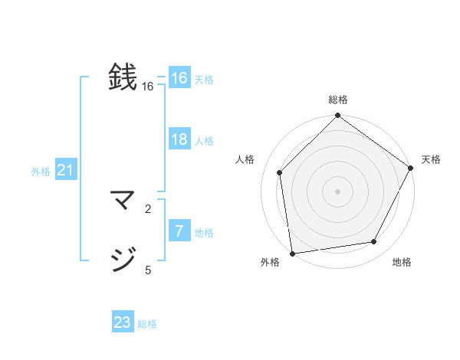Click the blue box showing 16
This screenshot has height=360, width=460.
pyautogui.click(x=179, y=78)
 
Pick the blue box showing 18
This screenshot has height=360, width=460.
pyautogui.click(x=179, y=139)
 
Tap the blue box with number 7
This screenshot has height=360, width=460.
pyautogui.click(x=179, y=231)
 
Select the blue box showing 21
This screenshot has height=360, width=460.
pyautogui.click(x=65, y=171)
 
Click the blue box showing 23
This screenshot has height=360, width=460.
pyautogui.click(x=123, y=322)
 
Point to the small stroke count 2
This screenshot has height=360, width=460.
pyautogui.click(x=148, y=208)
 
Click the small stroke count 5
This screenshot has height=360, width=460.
pyautogui.click(x=148, y=270)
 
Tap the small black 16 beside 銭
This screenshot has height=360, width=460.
pyautogui.click(x=148, y=87)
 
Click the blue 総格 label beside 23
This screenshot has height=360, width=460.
pyautogui.click(x=147, y=324)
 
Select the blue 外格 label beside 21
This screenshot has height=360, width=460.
pyautogui.click(x=41, y=172)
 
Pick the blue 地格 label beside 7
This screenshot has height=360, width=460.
pyautogui.click(x=204, y=233)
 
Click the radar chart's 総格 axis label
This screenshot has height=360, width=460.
pyautogui.click(x=337, y=100)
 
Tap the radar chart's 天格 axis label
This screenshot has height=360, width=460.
pyautogui.click(x=431, y=159)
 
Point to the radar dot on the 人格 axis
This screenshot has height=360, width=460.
pyautogui.click(x=280, y=173)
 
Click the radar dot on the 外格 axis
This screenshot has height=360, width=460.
pyautogui.click(x=292, y=253)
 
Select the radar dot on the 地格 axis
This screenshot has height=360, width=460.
pyautogui.click(x=374, y=242)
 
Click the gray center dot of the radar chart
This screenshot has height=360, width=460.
pyautogui.click(x=337, y=191)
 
